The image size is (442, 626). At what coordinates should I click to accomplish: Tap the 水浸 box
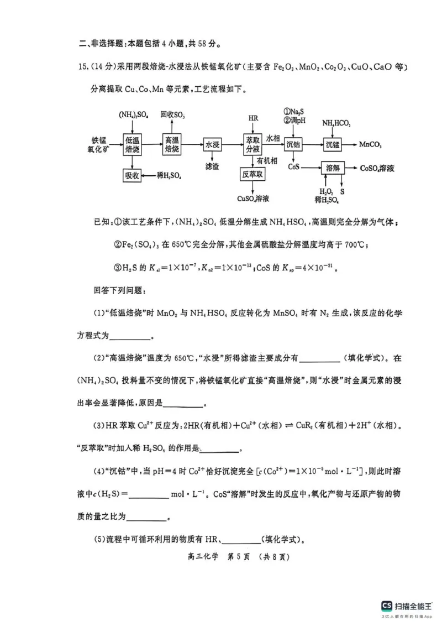[212, 145]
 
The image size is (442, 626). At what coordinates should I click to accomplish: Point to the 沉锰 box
[333, 145]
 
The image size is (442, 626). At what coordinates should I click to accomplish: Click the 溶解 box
[333, 167]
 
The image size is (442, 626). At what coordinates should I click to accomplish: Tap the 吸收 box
[133, 176]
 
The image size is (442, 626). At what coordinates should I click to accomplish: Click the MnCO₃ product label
[370, 145]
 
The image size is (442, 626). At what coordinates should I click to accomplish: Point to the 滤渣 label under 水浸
[212, 166]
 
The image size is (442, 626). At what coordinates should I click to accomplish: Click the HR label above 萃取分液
[253, 118]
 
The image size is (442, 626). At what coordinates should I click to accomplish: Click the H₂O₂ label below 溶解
[322, 191]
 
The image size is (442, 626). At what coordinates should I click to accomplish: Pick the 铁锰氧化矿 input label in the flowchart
[99, 145]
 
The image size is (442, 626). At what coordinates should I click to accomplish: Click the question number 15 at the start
[84, 67]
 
